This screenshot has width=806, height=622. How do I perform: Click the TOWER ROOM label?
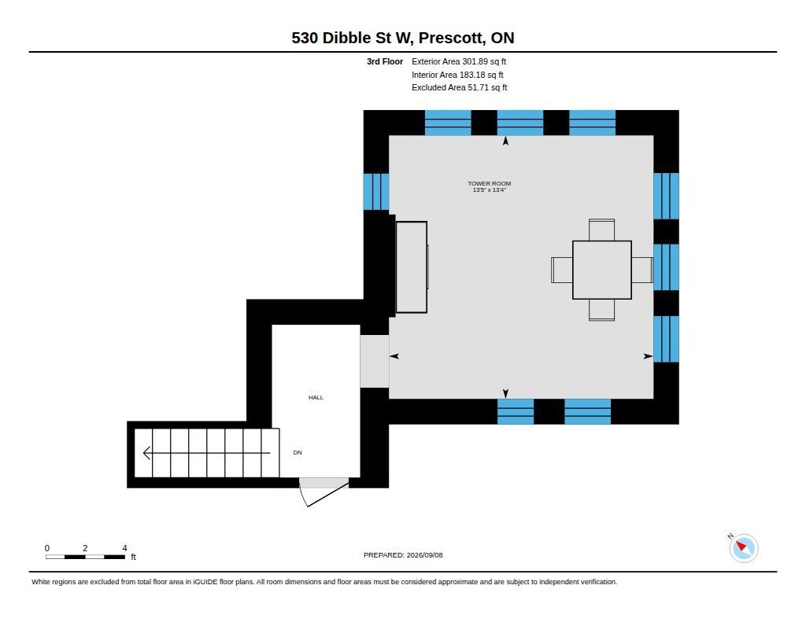489,183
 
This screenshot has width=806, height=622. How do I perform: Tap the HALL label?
316,398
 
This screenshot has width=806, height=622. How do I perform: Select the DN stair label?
297,452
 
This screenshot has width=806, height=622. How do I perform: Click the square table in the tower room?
602,270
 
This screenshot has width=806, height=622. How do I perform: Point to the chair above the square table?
601,230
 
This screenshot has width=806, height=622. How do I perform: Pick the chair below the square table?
601,310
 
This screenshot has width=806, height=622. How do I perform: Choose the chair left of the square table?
562,270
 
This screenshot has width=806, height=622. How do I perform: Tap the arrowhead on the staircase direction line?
146,453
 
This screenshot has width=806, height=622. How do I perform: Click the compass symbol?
743,548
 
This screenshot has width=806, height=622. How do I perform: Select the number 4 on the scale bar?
124,548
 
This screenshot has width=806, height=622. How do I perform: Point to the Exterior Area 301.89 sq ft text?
459,61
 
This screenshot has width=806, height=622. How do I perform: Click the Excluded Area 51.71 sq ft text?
459,88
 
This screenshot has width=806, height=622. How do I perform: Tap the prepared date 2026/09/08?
424,555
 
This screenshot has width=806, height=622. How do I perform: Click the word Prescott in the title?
452,38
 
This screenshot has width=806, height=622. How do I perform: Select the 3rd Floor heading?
384,61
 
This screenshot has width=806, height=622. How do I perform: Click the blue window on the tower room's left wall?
376,192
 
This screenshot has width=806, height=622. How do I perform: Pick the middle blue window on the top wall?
519,123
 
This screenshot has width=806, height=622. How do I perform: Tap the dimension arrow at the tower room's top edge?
505,141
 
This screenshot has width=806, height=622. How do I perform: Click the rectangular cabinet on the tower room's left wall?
411,267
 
